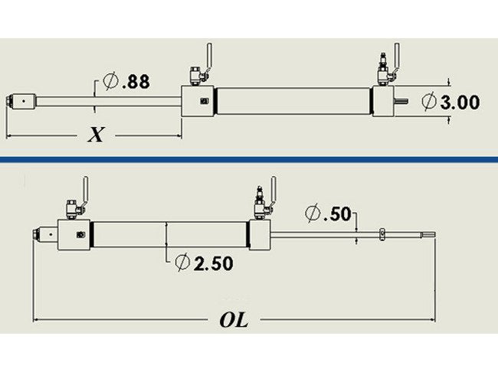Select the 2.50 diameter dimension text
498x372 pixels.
pos(212,263)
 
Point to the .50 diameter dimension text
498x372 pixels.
pos(337,214)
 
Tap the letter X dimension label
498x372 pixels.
pos(96,135)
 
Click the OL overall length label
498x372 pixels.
pos(234,320)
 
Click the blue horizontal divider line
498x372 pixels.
pos(249,159)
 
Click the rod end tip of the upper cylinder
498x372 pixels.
pos(14,100)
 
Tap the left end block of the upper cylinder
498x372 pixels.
pos(198,102)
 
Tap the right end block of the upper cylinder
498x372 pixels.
pos(385,102)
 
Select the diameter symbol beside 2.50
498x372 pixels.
pos(182,263)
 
